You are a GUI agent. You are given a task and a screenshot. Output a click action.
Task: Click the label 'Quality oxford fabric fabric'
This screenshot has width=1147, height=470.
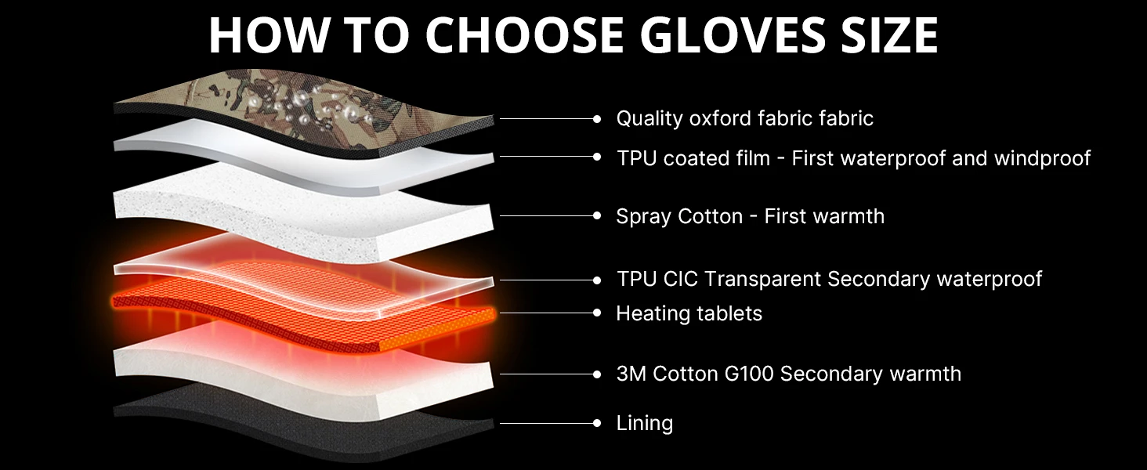point(744,118)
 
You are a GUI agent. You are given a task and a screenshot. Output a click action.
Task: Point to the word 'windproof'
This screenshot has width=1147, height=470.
point(1042,158)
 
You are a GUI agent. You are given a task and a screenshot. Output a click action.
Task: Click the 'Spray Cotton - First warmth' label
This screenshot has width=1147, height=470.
point(750,216)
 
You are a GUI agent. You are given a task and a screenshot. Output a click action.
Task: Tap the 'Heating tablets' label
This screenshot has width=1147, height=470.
point(689,313)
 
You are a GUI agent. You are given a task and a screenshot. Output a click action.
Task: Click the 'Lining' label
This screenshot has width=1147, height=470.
point(644,424)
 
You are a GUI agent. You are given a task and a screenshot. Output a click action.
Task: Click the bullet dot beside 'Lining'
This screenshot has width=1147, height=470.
point(597,424)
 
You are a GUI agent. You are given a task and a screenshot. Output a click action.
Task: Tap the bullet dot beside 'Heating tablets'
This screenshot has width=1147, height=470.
point(597,313)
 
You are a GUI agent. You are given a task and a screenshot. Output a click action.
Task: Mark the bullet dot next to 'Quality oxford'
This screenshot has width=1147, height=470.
point(597,119)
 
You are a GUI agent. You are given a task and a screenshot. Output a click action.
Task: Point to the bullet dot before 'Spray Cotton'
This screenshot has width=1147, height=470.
point(597,216)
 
